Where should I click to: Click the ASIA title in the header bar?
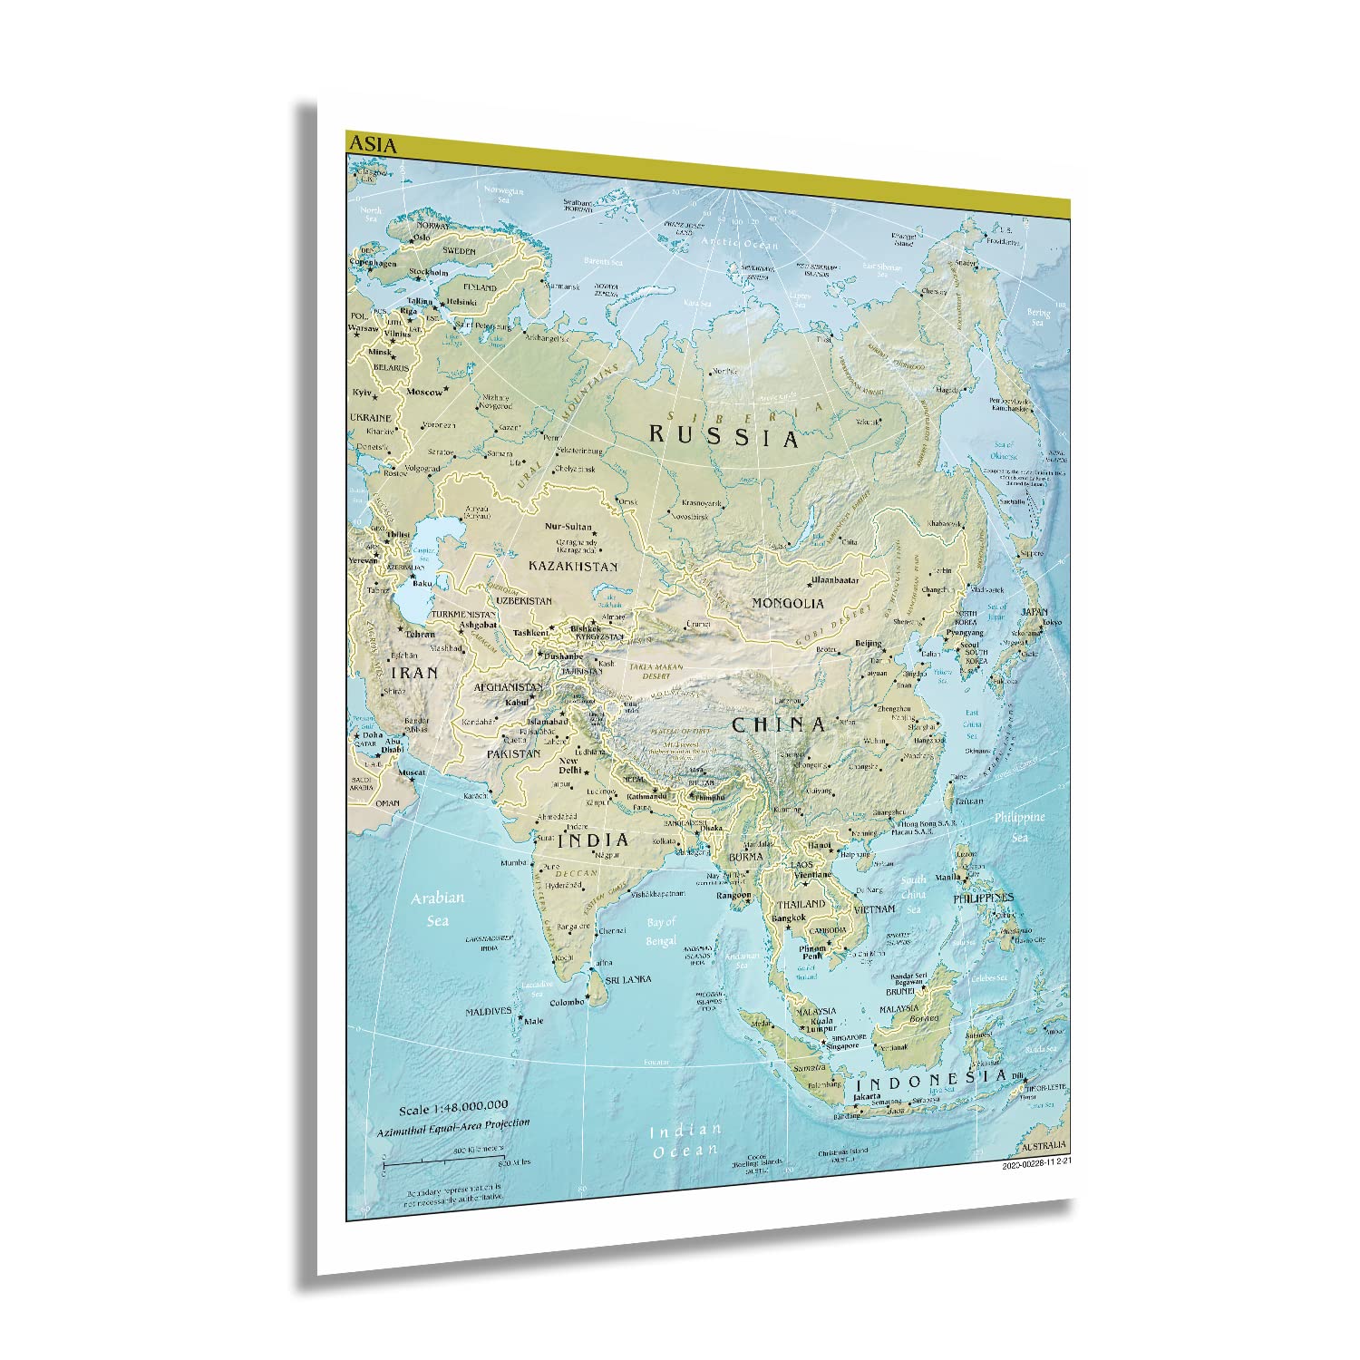(x=372, y=143)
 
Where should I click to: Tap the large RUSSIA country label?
(x=724, y=436)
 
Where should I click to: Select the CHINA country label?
(x=779, y=724)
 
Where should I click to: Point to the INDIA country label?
(x=593, y=840)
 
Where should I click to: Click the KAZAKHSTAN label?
(x=573, y=566)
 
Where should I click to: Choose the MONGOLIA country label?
(x=788, y=603)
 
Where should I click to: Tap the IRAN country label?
(x=413, y=673)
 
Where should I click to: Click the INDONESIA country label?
(x=932, y=1081)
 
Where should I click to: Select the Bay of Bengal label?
(x=662, y=932)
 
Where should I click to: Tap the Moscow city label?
(x=424, y=393)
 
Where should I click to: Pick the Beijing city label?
(x=868, y=644)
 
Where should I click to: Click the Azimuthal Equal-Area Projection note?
(x=453, y=1125)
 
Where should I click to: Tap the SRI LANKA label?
(x=631, y=981)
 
